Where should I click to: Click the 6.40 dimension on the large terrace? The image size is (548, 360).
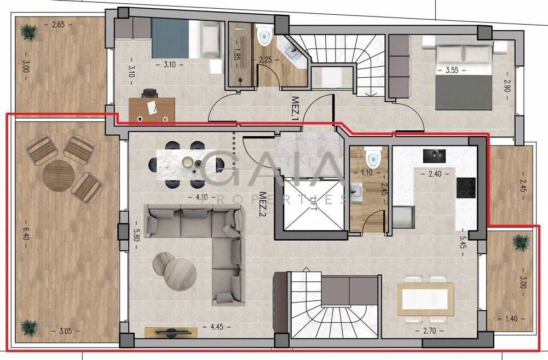tap(26, 234)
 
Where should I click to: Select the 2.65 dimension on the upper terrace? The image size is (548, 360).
tap(59, 25)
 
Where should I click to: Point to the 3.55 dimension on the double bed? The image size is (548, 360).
tap(452, 70)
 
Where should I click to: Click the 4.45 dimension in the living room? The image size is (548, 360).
tap(216, 327)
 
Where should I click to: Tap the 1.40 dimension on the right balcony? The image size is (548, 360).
tap(511, 318)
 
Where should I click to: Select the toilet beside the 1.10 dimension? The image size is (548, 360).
tap(372, 158)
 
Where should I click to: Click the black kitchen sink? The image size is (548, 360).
tap(434, 156)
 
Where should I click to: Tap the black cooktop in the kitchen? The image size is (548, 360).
tap(466, 188)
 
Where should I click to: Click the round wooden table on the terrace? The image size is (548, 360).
tap(59, 176)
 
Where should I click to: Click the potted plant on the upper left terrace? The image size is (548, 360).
tap(28, 31)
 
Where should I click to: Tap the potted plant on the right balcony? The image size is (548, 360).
tap(521, 241)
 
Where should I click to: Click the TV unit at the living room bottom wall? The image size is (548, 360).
tap(171, 333)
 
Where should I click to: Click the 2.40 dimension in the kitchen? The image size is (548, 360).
tap(435, 173)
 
